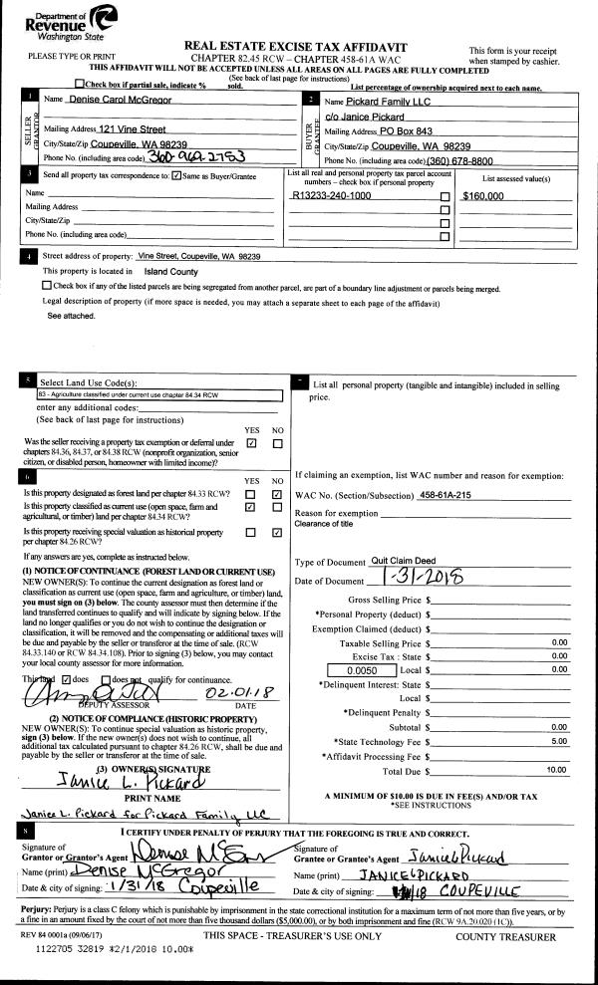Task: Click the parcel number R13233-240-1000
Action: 337,197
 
